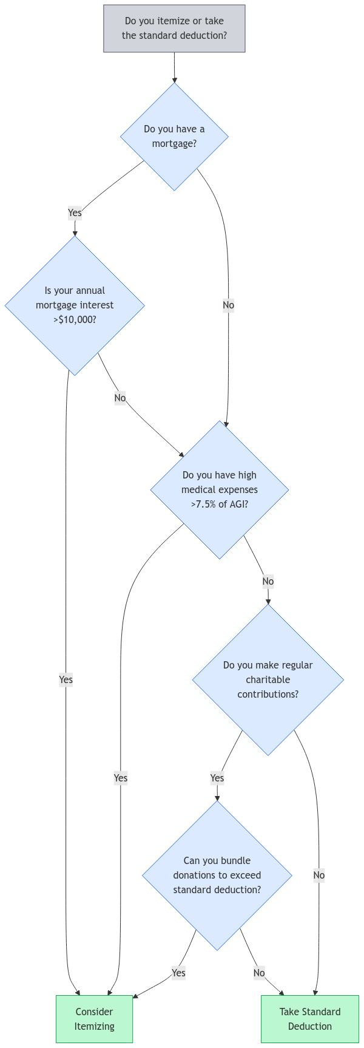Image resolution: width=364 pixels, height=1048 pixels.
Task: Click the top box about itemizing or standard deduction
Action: pos(174,29)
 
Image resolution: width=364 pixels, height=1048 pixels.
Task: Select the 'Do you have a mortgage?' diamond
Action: pos(174,137)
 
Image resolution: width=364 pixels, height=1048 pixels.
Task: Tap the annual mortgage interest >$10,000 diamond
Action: pos(75,305)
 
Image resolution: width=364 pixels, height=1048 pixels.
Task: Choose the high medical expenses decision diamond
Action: pos(220,489)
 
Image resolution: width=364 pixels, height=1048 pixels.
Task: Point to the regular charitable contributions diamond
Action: pos(268,679)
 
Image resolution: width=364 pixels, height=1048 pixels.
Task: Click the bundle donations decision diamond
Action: pos(217,875)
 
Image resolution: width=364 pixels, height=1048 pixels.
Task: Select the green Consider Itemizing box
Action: pos(94,1019)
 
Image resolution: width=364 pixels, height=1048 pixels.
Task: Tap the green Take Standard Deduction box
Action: pos(310,1019)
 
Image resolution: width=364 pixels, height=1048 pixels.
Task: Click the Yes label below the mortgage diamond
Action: pos(75,213)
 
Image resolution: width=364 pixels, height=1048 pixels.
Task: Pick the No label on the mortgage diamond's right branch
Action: pos(228,305)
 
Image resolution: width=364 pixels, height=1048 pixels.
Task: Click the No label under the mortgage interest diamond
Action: pos(120,398)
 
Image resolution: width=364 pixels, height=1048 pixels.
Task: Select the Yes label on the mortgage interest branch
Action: pos(66,679)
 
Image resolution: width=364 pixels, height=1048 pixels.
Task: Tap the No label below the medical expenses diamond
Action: pos(268,581)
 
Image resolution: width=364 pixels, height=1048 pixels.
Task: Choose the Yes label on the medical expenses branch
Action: pos(121,778)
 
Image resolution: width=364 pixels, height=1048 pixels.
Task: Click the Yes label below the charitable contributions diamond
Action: pos(217,778)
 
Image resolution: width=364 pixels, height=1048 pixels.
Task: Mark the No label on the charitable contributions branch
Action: pos(319,875)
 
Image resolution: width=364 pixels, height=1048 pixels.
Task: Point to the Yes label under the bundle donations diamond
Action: pos(178,973)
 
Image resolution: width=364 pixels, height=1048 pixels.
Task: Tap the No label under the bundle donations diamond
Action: pos(259,973)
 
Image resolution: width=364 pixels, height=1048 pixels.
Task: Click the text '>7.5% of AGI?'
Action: pos(220,504)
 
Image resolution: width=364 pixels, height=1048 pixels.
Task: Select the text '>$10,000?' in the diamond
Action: pos(75,319)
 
